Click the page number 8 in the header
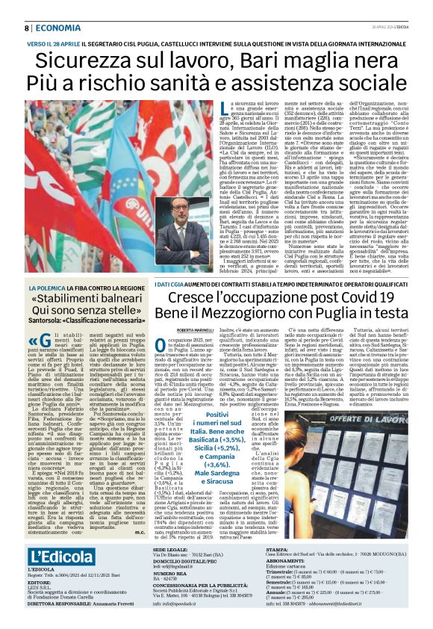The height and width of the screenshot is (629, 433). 27,28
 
